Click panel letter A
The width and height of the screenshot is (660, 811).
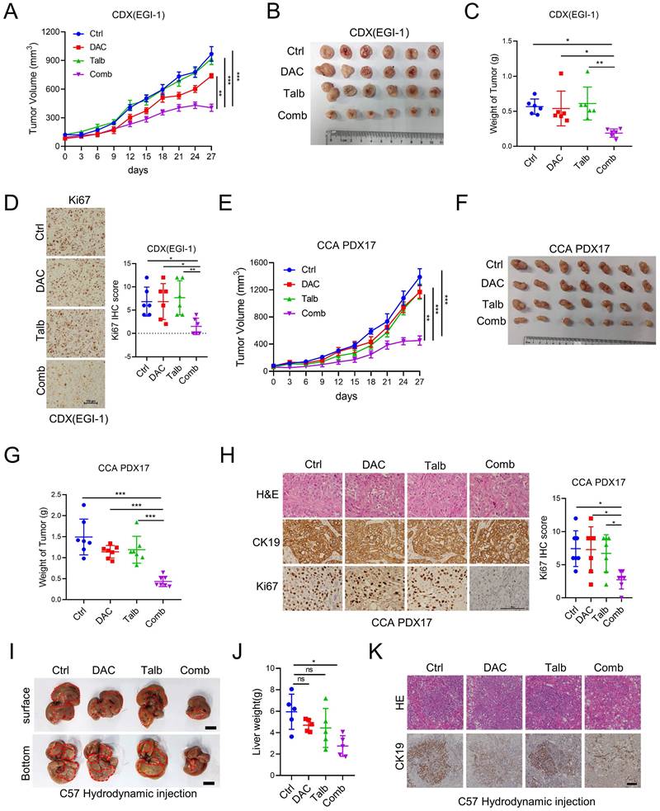click(x=12, y=12)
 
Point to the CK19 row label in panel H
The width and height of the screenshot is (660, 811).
click(x=258, y=545)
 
